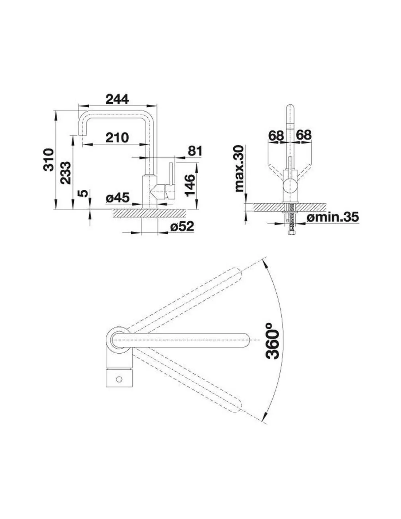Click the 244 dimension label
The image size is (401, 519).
pos(117,99)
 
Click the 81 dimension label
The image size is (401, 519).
pos(195,151)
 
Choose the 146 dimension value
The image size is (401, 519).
pos(190,185)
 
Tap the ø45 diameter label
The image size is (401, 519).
pos(118,197)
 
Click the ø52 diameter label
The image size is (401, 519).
pos(182,226)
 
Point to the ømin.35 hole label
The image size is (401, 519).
pos(332,217)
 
